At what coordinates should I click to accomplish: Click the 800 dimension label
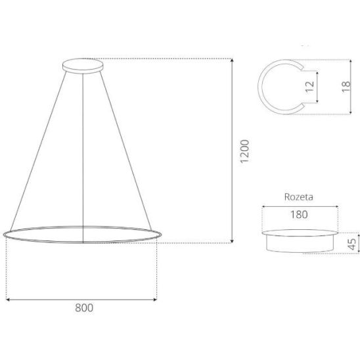click(84, 308)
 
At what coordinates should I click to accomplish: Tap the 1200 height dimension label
click(244, 151)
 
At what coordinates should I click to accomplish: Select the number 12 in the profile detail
click(309, 87)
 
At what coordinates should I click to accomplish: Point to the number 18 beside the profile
click(346, 87)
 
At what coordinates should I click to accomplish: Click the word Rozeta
click(298, 197)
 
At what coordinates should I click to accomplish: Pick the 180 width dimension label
click(299, 215)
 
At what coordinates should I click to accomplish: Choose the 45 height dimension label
click(352, 244)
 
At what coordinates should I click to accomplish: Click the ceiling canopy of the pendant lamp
click(83, 66)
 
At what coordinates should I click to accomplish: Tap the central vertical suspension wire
click(83, 158)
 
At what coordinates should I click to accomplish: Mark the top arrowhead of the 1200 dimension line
click(232, 60)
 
